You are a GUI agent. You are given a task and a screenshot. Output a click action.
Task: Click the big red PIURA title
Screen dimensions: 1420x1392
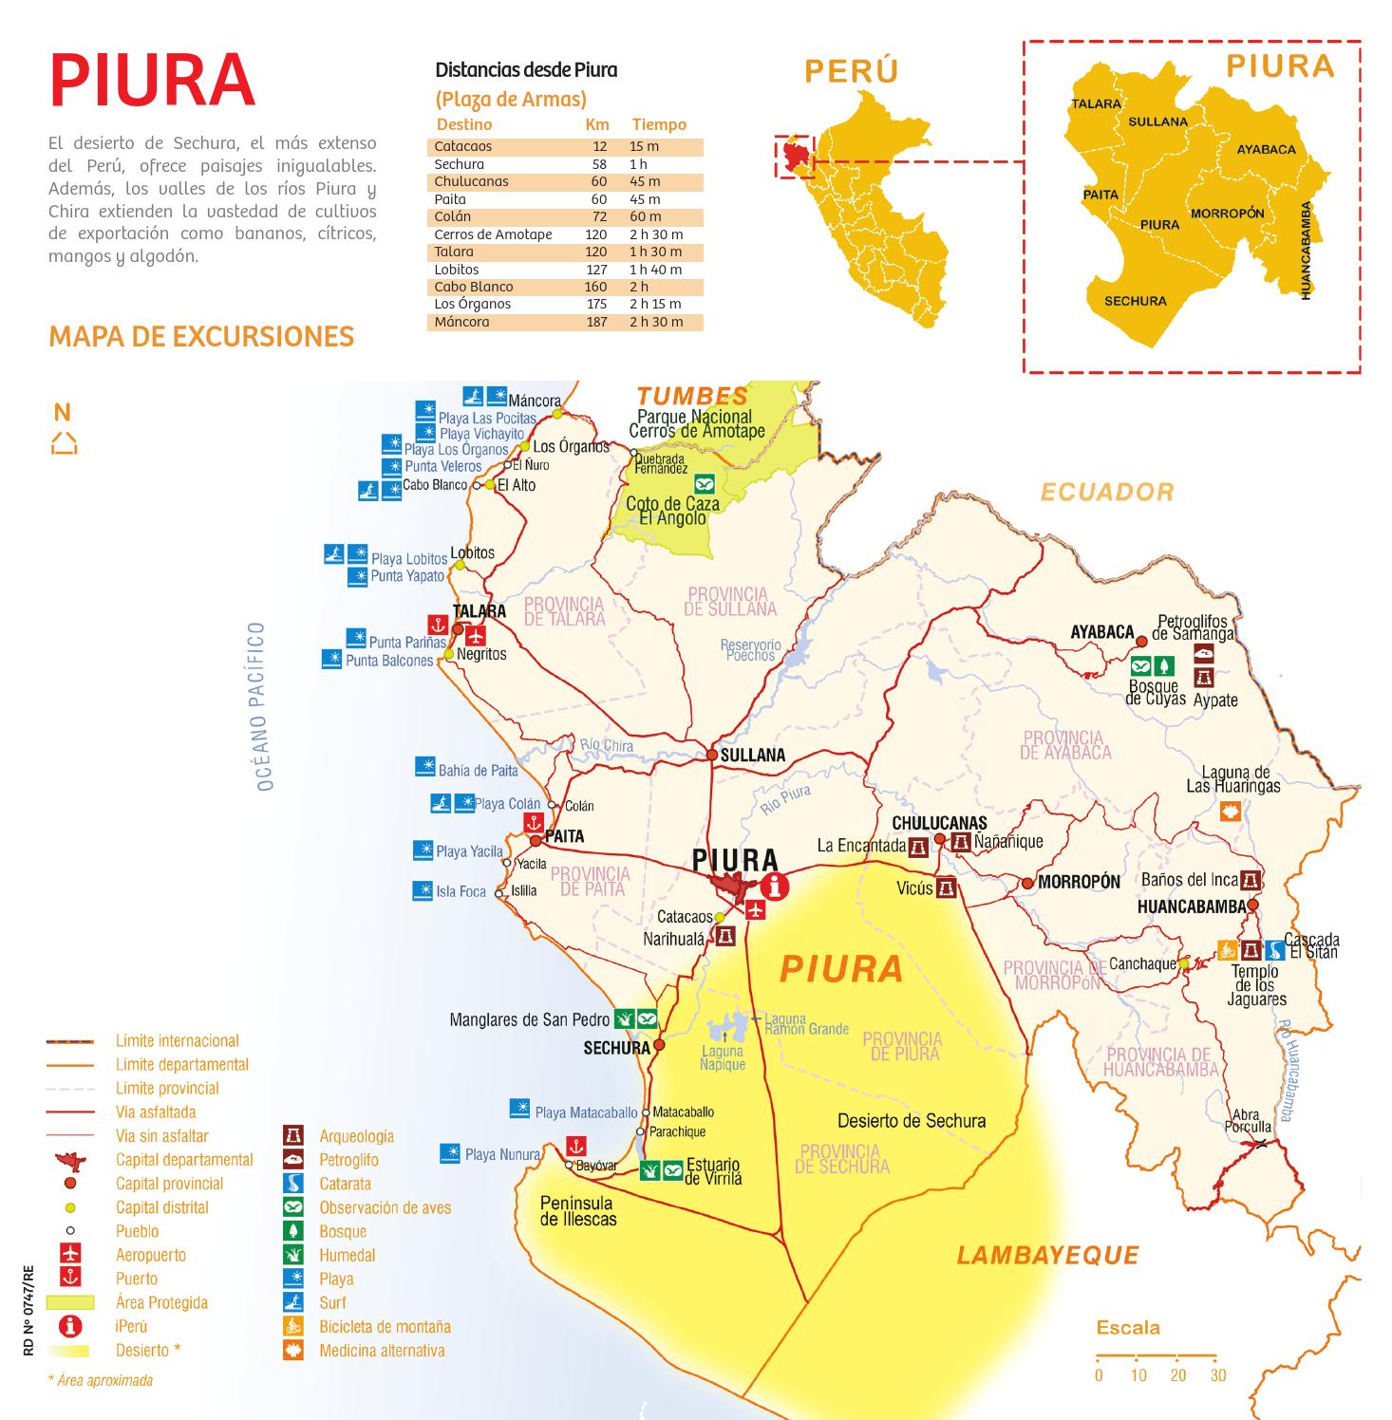click(152, 81)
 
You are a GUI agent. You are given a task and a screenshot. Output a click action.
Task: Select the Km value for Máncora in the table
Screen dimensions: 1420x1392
click(596, 322)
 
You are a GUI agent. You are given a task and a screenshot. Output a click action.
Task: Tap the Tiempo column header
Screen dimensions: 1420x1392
click(659, 124)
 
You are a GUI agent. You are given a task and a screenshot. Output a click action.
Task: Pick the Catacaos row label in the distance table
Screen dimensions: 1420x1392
click(462, 146)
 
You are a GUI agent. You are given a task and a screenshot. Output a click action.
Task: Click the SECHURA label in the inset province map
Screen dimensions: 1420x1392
click(1135, 301)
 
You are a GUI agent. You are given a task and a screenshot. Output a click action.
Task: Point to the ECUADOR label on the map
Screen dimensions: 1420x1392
click(1107, 492)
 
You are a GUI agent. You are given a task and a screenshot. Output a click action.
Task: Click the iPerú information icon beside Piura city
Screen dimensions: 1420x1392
click(776, 887)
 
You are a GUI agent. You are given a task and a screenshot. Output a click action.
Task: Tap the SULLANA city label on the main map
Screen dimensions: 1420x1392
click(752, 756)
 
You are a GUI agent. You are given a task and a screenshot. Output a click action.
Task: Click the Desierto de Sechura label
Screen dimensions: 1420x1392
click(911, 1121)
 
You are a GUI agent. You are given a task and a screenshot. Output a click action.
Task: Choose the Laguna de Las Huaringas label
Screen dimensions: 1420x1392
click(1234, 779)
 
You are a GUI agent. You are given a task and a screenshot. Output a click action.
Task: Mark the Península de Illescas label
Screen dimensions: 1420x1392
click(578, 1211)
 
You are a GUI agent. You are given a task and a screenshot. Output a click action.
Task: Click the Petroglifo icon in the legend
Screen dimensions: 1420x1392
click(293, 1159)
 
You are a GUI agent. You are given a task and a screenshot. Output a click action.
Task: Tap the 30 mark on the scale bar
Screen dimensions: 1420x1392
click(1217, 1374)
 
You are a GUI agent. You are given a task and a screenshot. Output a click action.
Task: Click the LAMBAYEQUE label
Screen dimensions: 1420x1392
click(1047, 1256)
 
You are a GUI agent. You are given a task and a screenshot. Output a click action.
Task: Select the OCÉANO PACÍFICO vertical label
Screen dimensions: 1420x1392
click(265, 707)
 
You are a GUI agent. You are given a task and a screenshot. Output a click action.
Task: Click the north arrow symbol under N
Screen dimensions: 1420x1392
click(64, 443)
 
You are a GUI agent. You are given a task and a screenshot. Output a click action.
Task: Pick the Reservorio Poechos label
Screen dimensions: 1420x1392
click(750, 650)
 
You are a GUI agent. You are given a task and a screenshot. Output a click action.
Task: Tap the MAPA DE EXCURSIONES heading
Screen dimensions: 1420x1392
click(201, 337)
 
